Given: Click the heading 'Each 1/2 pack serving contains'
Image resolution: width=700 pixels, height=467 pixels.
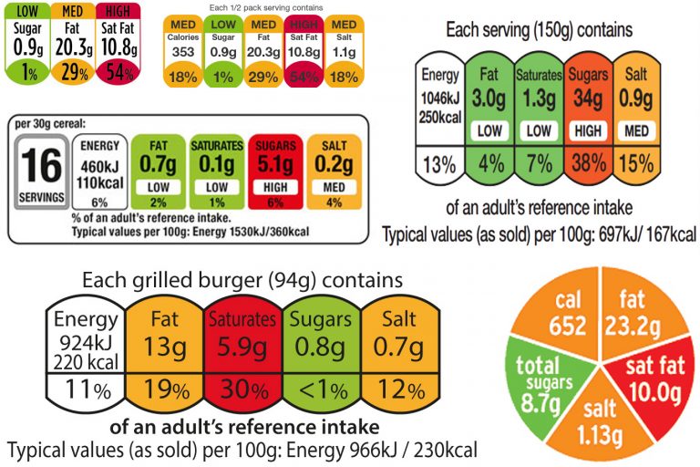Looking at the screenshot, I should (263, 6).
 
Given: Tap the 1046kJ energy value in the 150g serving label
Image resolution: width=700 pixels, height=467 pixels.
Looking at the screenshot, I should (440, 98).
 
